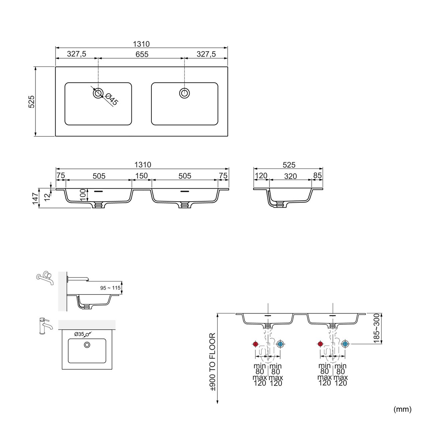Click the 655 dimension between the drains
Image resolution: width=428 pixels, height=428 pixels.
click(142, 54)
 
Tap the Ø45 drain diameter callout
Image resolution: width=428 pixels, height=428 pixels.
click(112, 99)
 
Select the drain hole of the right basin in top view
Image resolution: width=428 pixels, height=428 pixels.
click(184, 93)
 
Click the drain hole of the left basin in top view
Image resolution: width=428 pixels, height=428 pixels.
click(98, 93)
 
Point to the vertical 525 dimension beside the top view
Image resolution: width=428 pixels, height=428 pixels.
click(31, 102)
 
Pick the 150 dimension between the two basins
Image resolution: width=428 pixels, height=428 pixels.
click(141, 176)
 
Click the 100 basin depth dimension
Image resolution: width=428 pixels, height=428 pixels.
click(83, 195)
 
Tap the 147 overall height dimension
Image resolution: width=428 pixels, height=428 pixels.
click(35, 199)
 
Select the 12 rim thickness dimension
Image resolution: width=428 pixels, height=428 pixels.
click(47, 197)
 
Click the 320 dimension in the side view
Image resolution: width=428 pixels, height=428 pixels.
click(290, 176)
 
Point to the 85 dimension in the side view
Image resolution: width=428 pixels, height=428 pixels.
click(317, 176)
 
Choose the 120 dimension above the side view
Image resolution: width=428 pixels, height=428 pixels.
click(261, 176)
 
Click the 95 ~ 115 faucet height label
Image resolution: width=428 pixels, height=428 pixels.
click(110, 288)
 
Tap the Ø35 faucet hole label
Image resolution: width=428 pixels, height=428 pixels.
click(79, 334)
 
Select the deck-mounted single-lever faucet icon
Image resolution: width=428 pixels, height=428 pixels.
click(45, 326)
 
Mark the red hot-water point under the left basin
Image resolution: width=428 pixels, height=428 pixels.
click(255, 344)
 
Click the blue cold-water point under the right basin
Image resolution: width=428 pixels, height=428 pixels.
click(345, 344)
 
